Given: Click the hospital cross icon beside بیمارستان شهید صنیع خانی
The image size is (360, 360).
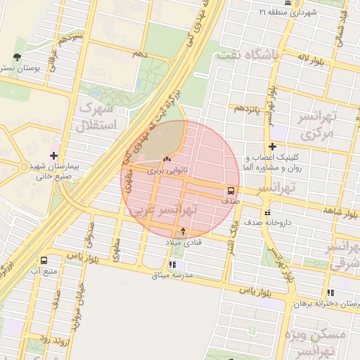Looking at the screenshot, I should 54,155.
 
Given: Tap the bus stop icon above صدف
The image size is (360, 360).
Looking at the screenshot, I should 231,191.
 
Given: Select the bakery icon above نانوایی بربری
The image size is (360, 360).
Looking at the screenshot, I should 166,160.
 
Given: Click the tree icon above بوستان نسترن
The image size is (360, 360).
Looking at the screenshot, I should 17,58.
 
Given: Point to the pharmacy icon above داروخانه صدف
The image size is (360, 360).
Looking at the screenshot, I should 266,212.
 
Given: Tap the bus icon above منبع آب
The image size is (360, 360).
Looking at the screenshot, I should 44,260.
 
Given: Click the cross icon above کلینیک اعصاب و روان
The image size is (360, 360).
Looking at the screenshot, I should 272,146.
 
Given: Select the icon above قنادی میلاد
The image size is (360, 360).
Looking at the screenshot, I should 184,231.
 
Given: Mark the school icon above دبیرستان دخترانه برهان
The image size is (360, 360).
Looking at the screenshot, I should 330,293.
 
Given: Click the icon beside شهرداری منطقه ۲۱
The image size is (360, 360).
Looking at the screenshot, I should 263,12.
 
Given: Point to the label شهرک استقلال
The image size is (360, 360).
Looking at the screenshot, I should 96,117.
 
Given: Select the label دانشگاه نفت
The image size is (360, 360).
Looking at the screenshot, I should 247,54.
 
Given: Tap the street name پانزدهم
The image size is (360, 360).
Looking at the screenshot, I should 247,109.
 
